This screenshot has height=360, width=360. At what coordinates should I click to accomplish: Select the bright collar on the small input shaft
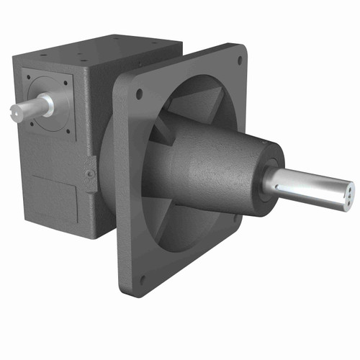pos(46,105)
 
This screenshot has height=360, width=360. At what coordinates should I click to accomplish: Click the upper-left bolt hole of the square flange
pos(139,94)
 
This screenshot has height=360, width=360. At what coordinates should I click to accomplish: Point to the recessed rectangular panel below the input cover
pos(55,195)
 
